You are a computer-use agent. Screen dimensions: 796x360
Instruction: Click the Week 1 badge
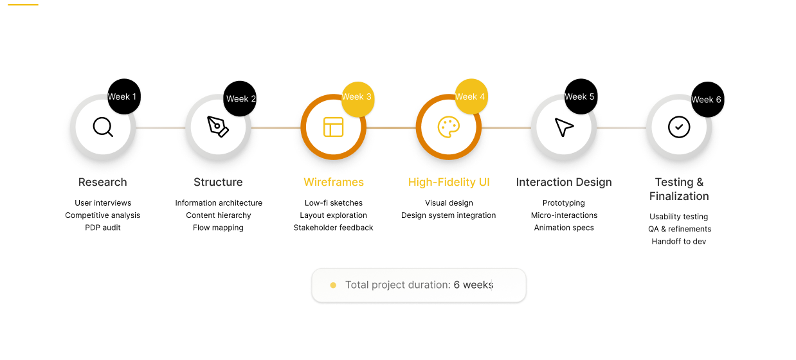123,97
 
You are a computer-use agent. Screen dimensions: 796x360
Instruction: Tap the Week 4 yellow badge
471,97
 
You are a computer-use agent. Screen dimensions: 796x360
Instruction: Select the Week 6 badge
707,100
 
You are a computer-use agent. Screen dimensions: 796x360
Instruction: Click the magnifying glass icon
103,127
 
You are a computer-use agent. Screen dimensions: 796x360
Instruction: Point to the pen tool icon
218,127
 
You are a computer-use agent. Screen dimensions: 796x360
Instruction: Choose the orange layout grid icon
333,127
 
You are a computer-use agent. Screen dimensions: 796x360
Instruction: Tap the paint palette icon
449,127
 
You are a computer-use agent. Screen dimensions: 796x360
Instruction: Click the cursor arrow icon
564,127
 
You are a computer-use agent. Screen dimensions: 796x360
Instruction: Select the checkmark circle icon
679,127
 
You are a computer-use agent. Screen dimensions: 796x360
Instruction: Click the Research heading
103,182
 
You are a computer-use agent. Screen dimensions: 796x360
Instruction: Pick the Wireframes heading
334,182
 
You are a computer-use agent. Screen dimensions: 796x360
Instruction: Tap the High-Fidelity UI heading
449,182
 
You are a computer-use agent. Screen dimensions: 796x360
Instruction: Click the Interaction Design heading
564,182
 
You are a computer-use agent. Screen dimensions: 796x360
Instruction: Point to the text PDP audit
103,228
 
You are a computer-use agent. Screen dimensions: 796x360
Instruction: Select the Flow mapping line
218,228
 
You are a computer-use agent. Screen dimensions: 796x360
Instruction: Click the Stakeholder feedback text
333,228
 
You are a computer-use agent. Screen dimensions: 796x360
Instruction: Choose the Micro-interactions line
564,215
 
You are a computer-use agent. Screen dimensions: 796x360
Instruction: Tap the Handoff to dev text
679,242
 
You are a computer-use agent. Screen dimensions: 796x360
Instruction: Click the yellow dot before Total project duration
333,285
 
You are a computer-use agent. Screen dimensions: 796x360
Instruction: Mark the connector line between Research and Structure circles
160,128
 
